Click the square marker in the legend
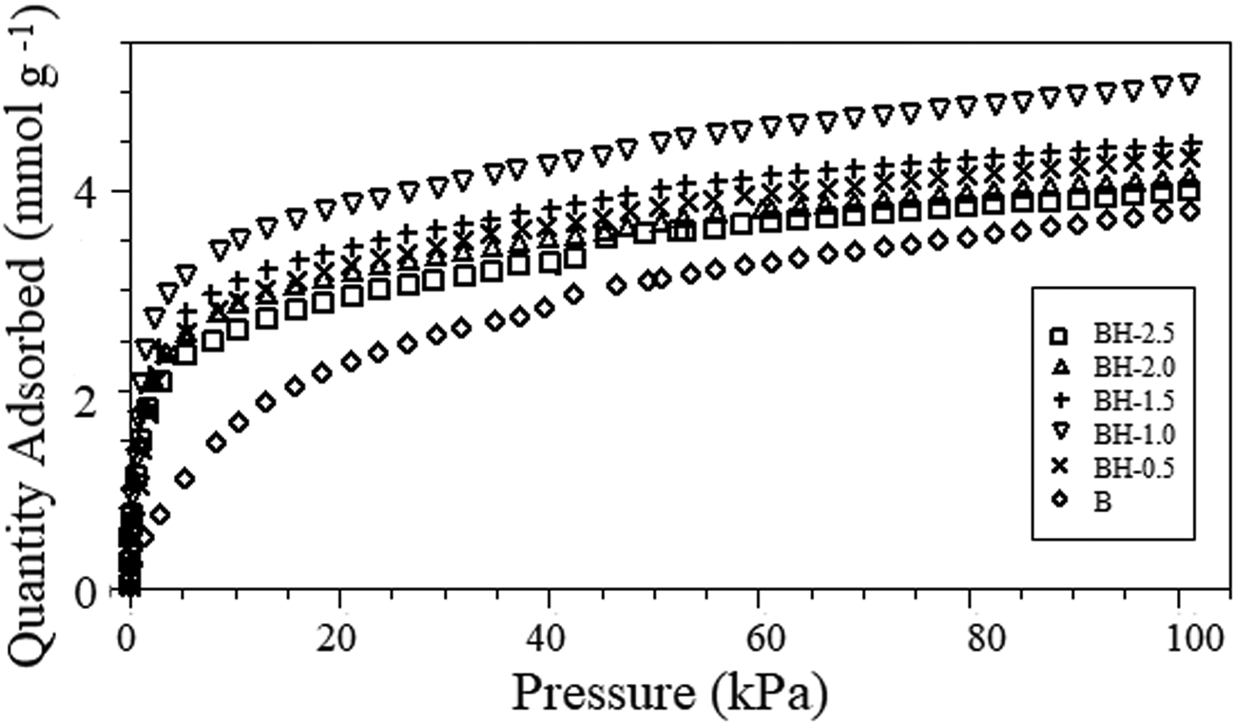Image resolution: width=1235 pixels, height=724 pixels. coord(1057,335)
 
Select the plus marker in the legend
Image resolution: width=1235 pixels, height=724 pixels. coord(1057,401)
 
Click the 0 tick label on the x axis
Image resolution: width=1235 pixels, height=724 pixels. coord(127,635)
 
